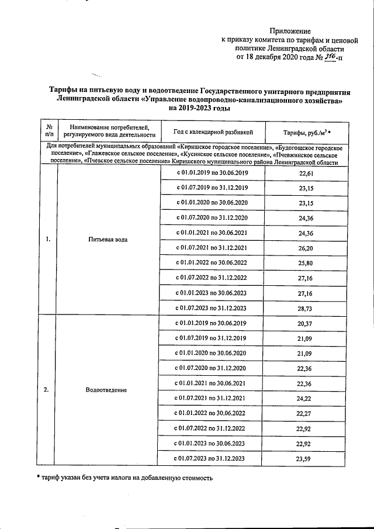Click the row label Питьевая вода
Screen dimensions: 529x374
(108, 240)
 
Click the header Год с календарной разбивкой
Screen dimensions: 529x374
(212, 132)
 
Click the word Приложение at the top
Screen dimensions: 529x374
(290, 30)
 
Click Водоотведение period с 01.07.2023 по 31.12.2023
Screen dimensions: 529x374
(210, 458)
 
